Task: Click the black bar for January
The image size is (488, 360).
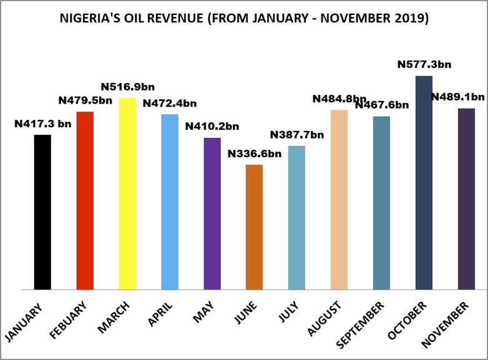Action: (42, 212)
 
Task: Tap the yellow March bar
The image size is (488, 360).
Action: (127, 193)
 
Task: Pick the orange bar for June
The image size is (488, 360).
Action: (255, 227)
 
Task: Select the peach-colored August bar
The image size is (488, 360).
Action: (339, 200)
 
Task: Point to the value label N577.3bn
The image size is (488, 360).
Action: (424, 64)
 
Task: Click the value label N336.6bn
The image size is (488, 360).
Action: (255, 153)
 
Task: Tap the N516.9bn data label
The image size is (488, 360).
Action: (127, 86)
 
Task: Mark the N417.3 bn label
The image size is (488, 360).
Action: (42, 124)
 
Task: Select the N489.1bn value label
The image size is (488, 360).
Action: (457, 97)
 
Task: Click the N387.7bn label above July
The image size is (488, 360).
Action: (297, 135)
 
